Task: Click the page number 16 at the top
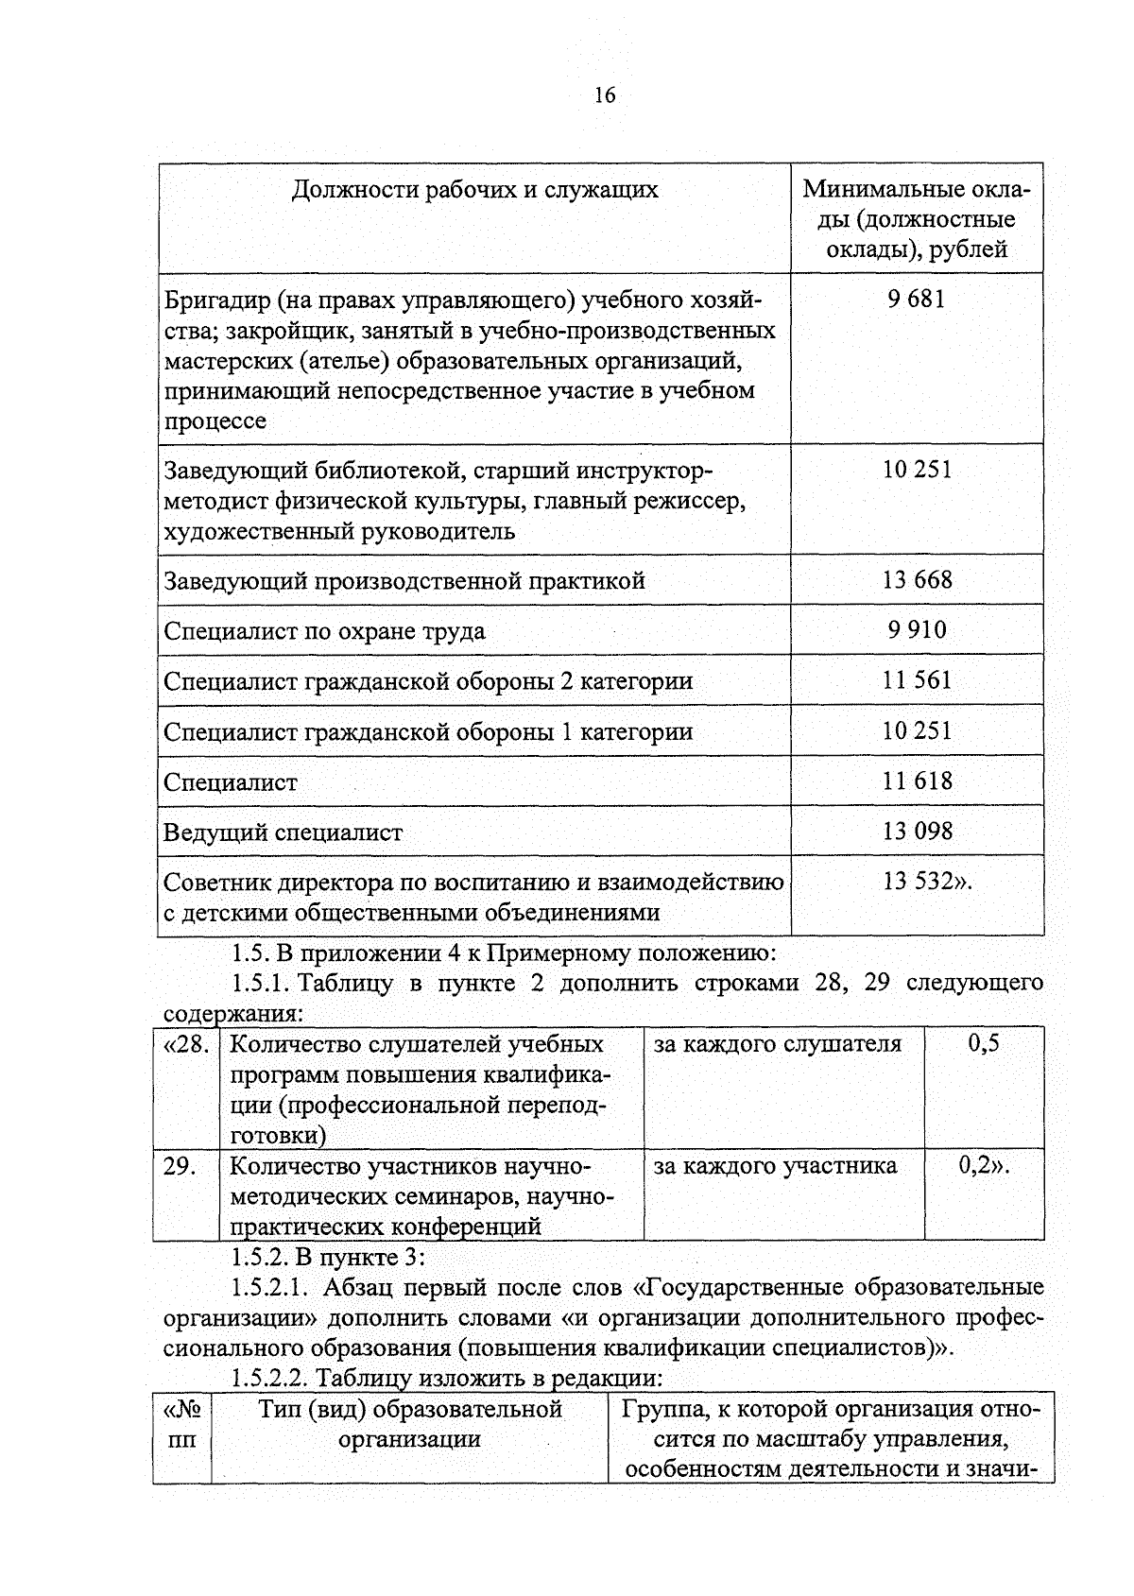click(x=605, y=95)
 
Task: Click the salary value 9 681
click(x=916, y=300)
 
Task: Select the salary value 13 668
click(x=917, y=579)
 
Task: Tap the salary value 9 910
click(x=917, y=629)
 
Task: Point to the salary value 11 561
click(x=917, y=679)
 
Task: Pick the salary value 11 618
click(x=917, y=781)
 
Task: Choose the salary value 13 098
click(x=917, y=831)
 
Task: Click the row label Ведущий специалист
click(x=283, y=832)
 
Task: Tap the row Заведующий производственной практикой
click(x=404, y=580)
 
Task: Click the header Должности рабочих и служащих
click(x=474, y=190)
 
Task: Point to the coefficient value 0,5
click(x=984, y=1043)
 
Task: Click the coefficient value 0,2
click(x=980, y=1165)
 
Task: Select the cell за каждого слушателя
click(x=777, y=1044)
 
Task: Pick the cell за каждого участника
click(x=775, y=1165)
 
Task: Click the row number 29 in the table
click(x=180, y=1166)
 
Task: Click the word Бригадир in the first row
click(x=215, y=300)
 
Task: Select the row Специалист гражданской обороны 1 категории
click(x=427, y=732)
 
